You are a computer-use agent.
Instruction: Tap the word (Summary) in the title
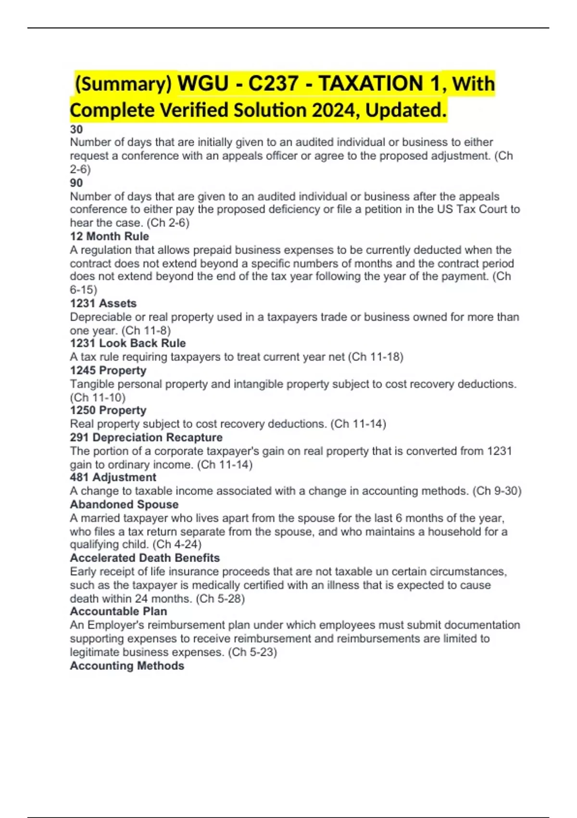pos(124,84)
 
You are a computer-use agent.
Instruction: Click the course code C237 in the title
pos(273,83)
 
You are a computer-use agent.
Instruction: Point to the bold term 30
pos(76,129)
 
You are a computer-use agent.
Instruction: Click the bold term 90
pos(76,183)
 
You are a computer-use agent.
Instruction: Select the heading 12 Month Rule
pos(110,236)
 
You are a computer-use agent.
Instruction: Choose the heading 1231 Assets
pos(103,303)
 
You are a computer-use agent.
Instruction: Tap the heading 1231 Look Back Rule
pos(128,343)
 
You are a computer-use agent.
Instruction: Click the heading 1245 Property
pos(108,371)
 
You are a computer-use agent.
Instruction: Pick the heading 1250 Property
pos(108,410)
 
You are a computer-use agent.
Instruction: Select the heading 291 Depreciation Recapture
pos(146,437)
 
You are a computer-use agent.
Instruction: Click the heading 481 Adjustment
pos(113,477)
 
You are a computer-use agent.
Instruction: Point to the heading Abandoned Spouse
pos(124,504)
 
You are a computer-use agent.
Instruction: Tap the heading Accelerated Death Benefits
pos(145,558)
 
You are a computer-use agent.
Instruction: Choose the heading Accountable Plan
pos(119,611)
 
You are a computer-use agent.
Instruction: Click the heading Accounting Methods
pos(127,665)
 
